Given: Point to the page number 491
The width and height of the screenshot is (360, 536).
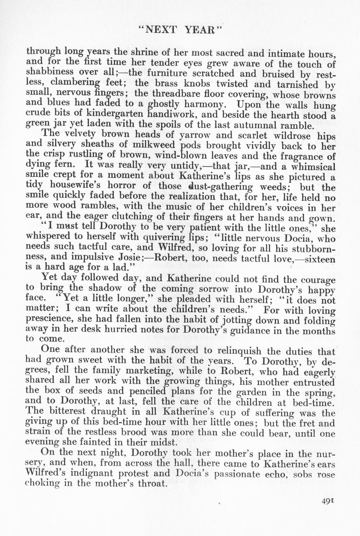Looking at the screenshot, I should tap(329, 501).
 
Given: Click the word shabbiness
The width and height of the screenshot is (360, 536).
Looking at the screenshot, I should tap(50, 73).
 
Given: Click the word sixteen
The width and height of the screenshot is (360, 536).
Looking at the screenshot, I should tap(319, 258).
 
